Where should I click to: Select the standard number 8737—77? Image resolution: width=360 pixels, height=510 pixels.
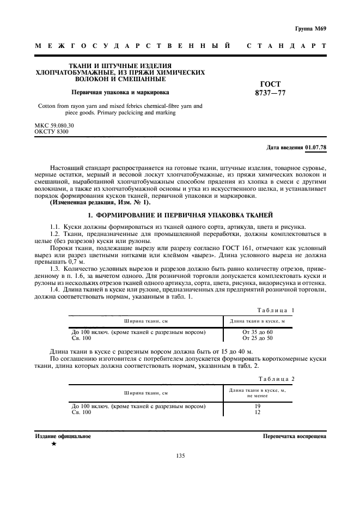click(x=270, y=93)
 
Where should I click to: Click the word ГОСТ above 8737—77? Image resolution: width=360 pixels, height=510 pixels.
click(x=271, y=84)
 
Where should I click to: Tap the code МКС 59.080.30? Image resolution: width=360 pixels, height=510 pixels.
click(x=54, y=126)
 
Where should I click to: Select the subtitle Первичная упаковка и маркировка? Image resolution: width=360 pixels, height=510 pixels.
click(x=120, y=93)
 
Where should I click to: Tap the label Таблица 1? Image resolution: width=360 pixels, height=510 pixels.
click(x=276, y=310)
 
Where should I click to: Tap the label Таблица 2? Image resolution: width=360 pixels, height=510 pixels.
click(x=276, y=379)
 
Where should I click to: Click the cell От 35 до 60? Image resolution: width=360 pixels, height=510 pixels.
click(x=258, y=332)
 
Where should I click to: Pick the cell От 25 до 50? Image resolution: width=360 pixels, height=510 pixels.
click(x=258, y=338)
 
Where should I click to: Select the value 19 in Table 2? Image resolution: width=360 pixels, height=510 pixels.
click(x=258, y=406)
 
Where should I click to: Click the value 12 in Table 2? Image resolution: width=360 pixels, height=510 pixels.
click(x=258, y=412)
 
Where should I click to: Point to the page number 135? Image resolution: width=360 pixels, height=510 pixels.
click(x=181, y=456)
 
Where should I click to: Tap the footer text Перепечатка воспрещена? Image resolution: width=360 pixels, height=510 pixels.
click(x=294, y=436)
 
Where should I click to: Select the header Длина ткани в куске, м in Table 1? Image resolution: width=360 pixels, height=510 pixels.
click(x=258, y=321)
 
